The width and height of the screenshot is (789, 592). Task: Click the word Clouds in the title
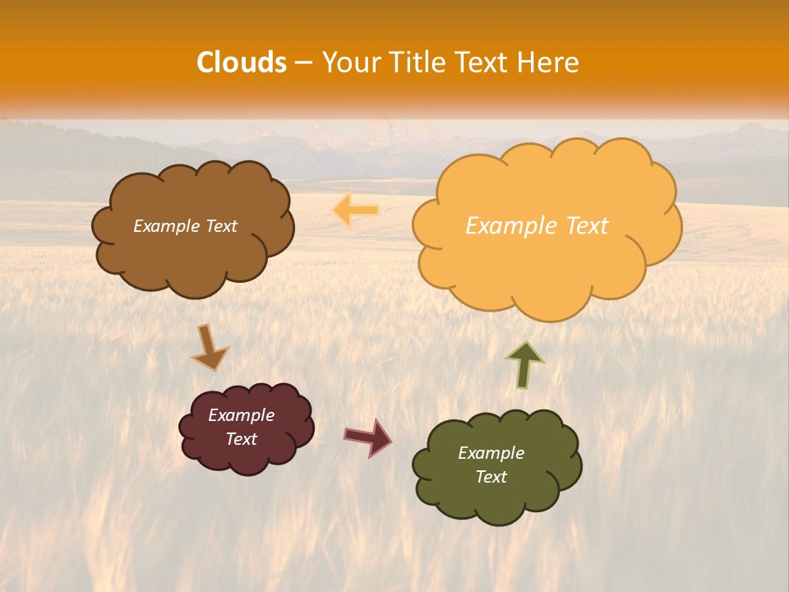[242, 62]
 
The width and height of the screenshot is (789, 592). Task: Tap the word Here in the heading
[549, 62]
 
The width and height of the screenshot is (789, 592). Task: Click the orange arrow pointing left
[356, 210]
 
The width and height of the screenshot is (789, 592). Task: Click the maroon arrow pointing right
[367, 437]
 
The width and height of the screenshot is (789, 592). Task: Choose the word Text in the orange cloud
[587, 226]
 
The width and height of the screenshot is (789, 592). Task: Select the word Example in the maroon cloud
[242, 415]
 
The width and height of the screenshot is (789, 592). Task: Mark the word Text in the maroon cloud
[242, 439]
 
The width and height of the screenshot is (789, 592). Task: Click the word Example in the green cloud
[491, 453]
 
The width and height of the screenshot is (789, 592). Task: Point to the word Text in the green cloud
[491, 477]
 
